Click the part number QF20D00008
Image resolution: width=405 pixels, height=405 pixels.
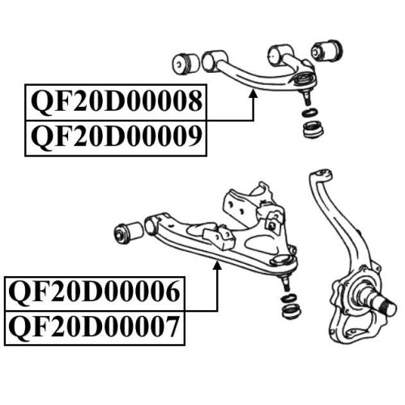pyautogui.click(x=117, y=101)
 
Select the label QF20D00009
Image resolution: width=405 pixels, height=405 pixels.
pyautogui.click(x=117, y=137)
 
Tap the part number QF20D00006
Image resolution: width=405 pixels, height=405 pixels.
pyautogui.click(x=94, y=292)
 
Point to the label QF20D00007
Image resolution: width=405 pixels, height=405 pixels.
pyautogui.click(x=94, y=327)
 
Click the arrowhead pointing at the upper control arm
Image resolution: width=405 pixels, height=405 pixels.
pyautogui.click(x=253, y=93)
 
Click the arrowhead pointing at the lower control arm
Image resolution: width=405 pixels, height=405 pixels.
pyautogui.click(x=217, y=266)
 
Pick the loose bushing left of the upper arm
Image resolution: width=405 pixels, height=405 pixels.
pyautogui.click(x=185, y=64)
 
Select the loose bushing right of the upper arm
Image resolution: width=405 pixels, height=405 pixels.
pyautogui.click(x=327, y=50)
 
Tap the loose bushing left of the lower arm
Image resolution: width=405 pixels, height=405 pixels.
pyautogui.click(x=128, y=232)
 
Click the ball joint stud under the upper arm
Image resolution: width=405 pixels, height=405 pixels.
pyautogui.click(x=306, y=98)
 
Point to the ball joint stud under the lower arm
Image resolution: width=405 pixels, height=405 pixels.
pyautogui.click(x=285, y=282)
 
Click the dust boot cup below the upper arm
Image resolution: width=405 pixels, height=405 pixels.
pyautogui.click(x=313, y=130)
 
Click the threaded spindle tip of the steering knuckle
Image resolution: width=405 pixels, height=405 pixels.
pyautogui.click(x=389, y=309)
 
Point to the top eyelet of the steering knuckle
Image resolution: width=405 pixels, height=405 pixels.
pyautogui.click(x=322, y=175)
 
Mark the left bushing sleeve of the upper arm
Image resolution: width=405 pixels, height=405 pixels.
pyautogui.click(x=215, y=61)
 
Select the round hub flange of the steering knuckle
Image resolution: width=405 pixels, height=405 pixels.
pyautogui.click(x=356, y=294)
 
